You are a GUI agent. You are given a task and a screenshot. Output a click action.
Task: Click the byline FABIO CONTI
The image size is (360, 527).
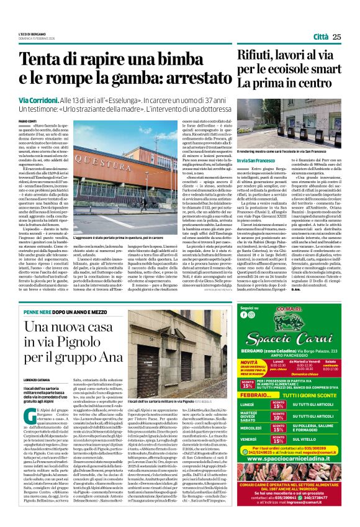pyautogui.click(x=27, y=120)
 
